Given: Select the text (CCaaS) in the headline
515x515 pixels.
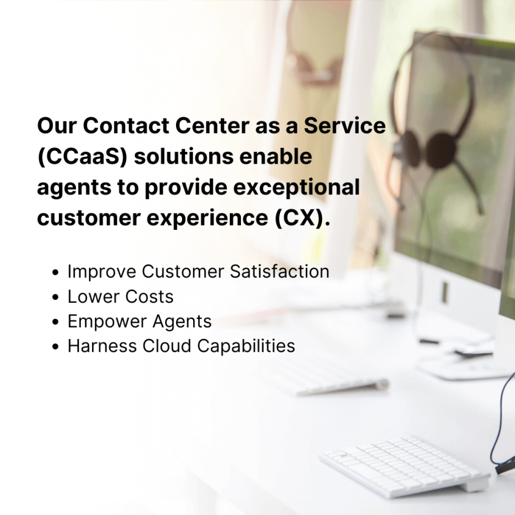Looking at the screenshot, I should [x=82, y=157].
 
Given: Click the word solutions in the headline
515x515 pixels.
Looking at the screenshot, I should [x=183, y=157].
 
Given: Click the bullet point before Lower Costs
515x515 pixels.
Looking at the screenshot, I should [x=56, y=297].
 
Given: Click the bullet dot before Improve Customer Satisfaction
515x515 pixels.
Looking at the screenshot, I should [x=56, y=272].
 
